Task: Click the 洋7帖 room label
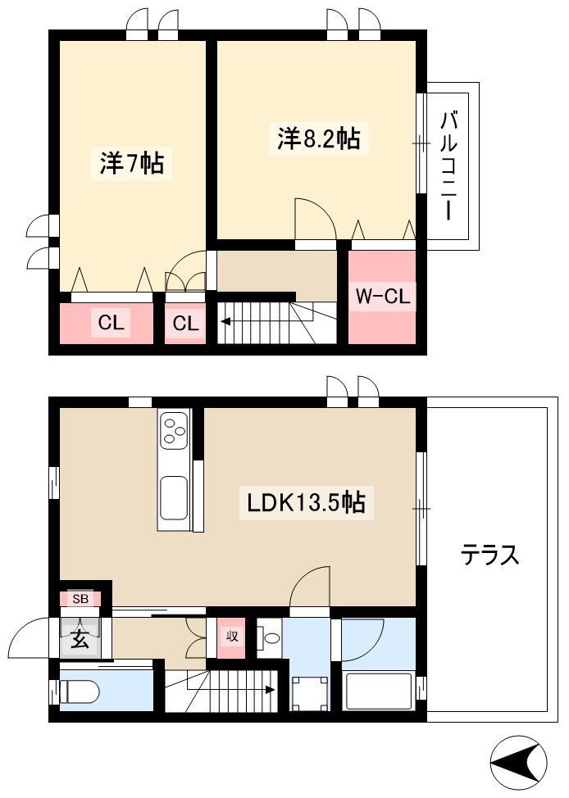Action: [131, 163]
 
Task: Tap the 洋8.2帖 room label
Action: [318, 138]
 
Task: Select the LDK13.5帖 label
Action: [306, 503]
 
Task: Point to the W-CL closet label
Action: [383, 296]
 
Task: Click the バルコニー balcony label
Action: [448, 166]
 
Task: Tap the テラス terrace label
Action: [490, 555]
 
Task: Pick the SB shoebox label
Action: [80, 599]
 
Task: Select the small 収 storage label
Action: [232, 636]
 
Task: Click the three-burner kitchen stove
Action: [174, 431]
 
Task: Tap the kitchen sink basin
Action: [174, 496]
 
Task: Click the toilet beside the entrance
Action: [79, 692]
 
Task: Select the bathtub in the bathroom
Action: [378, 691]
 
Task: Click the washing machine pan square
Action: [309, 692]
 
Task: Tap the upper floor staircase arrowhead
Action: [224, 321]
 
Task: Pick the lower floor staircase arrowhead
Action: [270, 690]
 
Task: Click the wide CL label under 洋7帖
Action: [111, 322]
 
